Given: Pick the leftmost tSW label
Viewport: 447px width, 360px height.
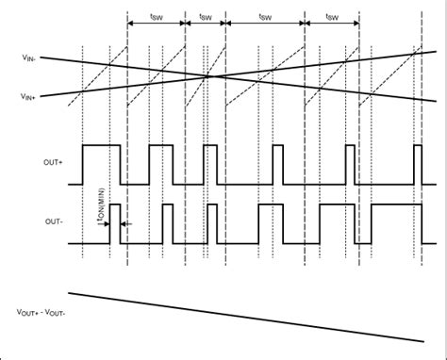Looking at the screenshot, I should [x=156, y=17].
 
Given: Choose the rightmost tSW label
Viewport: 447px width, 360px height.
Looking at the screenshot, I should [x=332, y=17].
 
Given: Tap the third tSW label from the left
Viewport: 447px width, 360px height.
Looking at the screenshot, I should [x=266, y=17].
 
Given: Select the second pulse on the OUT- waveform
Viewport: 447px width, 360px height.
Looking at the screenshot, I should [x=169, y=223].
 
